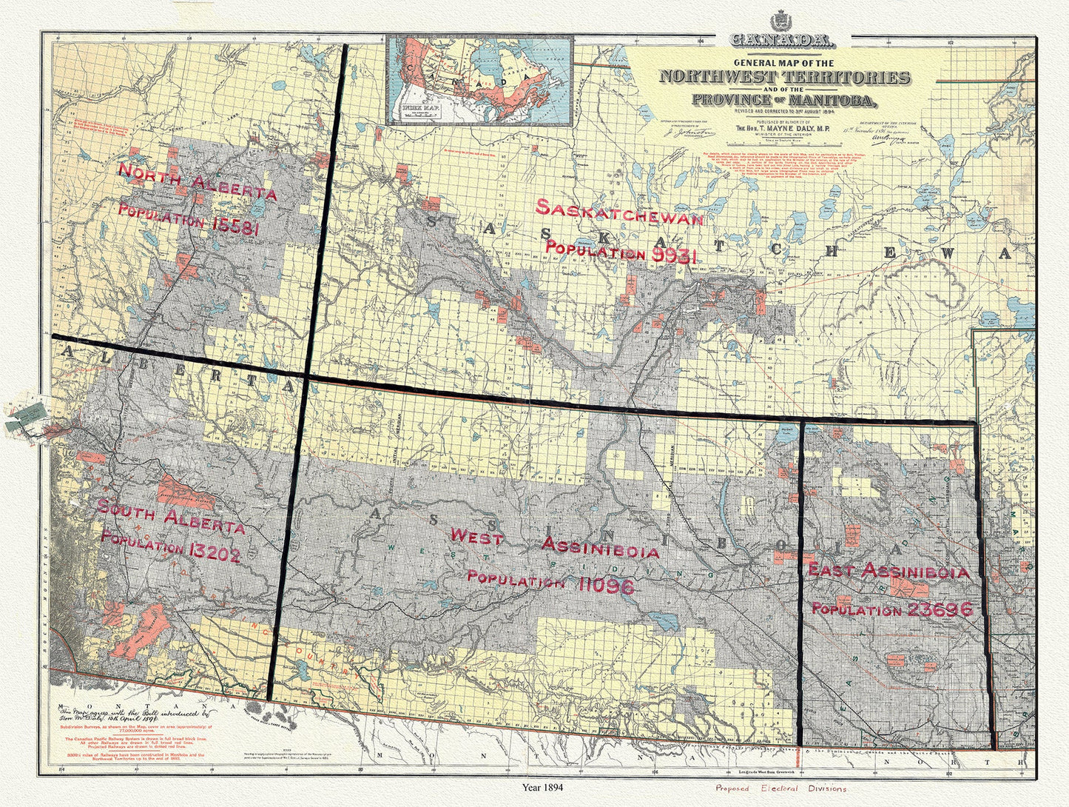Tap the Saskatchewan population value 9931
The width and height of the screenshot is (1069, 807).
pyautogui.click(x=672, y=255)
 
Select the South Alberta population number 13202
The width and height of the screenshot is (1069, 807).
pyautogui.click(x=214, y=553)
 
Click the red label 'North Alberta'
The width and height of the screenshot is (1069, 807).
pyautogui.click(x=198, y=183)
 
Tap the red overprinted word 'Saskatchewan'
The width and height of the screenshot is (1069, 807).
pyautogui.click(x=619, y=212)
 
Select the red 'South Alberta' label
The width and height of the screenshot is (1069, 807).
pyautogui.click(x=171, y=517)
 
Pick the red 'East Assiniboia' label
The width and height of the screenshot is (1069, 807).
pyautogui.click(x=888, y=571)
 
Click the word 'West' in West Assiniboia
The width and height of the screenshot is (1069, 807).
pyautogui.click(x=476, y=537)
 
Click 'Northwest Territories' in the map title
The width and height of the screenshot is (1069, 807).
pyautogui.click(x=784, y=77)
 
